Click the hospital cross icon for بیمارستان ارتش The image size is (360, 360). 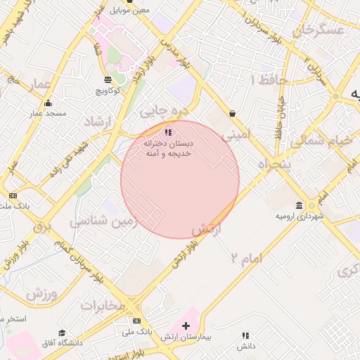tap(186, 326)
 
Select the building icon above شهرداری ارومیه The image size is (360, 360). tap(300, 206)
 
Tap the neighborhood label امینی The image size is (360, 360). tap(236, 132)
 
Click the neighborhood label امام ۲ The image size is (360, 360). tap(246, 259)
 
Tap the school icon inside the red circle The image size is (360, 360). tap(167, 132)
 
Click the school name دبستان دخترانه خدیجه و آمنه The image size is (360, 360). tap(168, 148)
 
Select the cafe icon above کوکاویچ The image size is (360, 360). tap(107, 79)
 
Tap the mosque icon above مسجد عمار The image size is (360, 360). tap(47, 103)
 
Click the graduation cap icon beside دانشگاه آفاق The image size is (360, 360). tap(62, 333)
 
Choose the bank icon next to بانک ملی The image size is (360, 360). tap(136, 321)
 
